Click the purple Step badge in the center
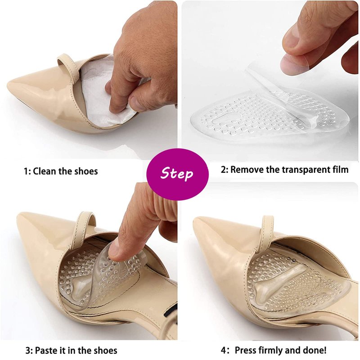point(177,172)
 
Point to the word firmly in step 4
point(270,351)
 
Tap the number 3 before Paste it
point(27,351)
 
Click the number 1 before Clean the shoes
point(26,171)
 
